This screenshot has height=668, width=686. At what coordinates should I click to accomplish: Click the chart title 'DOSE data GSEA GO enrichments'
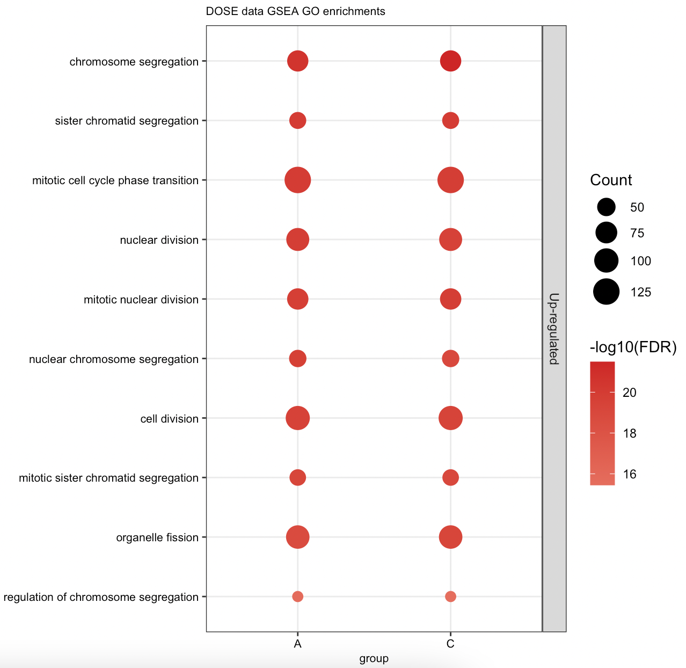point(295,11)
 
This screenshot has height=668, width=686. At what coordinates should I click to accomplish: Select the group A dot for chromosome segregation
point(297,61)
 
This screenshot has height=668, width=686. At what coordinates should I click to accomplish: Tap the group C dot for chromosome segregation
point(450,61)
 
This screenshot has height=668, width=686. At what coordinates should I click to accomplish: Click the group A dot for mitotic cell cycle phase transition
point(297,180)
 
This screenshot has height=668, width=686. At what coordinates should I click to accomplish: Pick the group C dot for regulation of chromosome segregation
point(450,597)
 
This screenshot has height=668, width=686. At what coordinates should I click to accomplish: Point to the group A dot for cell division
point(297,418)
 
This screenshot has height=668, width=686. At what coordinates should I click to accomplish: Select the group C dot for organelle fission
point(450,537)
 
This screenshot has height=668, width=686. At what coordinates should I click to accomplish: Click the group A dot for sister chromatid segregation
point(297,121)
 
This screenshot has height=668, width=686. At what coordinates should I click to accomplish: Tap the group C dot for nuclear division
point(450,239)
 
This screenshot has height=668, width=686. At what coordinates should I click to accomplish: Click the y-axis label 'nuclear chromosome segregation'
point(114,359)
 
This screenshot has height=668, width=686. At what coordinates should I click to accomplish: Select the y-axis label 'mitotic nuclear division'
point(141,300)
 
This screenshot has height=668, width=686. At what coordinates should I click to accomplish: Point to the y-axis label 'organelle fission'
point(157,538)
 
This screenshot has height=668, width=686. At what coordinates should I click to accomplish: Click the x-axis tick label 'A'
point(297,644)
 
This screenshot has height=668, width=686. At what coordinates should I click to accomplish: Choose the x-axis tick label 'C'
point(450,644)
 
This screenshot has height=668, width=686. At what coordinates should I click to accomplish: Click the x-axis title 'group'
point(374,658)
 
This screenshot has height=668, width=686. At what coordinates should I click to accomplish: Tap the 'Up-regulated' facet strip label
point(554,329)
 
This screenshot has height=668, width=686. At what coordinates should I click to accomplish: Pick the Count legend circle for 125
point(607,292)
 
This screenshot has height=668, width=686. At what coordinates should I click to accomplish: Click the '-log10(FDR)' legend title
point(633,348)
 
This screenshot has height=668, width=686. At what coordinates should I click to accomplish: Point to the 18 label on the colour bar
point(629,433)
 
